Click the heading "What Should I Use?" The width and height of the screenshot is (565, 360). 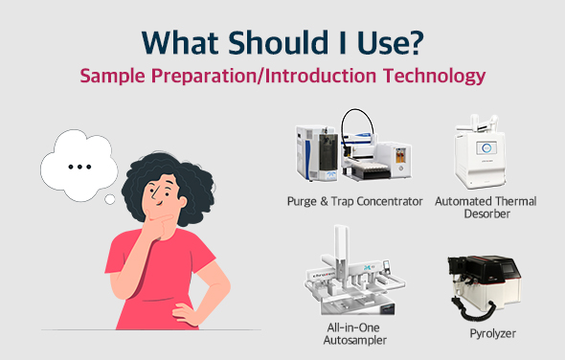pos(282,42)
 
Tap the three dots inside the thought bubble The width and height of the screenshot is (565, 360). pos(80,165)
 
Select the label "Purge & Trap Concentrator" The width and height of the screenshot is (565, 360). pos(354,202)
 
